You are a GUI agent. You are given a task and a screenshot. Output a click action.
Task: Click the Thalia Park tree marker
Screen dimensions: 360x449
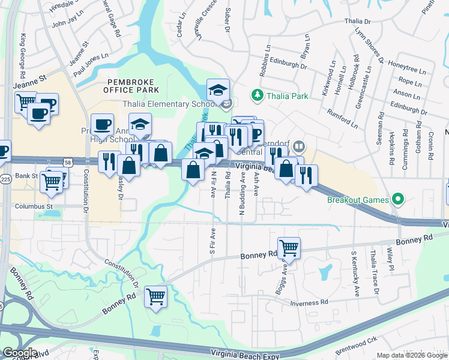[258, 95]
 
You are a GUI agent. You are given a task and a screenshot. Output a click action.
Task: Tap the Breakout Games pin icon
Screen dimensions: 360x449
[397, 199]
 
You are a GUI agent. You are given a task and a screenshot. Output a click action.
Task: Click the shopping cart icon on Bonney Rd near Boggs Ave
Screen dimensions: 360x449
[289, 247]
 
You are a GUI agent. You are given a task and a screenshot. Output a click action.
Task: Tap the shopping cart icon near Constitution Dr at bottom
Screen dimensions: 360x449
[156, 295]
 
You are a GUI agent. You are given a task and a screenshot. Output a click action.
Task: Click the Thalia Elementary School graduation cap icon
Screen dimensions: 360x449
[218, 90]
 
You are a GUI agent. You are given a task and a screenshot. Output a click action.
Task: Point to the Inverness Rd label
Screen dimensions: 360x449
[308, 303]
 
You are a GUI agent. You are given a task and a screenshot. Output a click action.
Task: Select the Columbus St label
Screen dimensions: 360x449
[32, 206]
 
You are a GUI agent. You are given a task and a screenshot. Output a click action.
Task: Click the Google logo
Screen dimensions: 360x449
[20, 353]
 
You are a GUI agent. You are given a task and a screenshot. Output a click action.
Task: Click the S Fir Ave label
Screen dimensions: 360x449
[212, 239]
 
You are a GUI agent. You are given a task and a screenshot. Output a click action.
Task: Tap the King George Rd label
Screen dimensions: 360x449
[24, 56]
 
